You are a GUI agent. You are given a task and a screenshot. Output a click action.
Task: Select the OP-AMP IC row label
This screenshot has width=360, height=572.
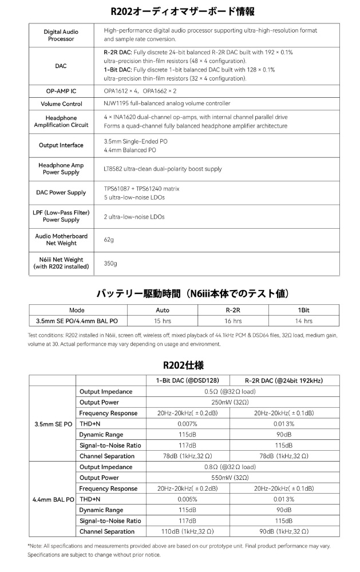[x=61, y=90]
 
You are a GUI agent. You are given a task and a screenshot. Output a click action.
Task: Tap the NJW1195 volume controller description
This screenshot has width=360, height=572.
[x=167, y=104]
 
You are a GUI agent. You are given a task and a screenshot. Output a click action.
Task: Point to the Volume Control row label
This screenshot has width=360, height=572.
[x=61, y=104]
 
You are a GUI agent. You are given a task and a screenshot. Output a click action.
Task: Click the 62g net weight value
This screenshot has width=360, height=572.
[x=109, y=239]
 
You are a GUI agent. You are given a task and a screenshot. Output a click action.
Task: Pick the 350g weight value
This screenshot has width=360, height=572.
[x=110, y=263]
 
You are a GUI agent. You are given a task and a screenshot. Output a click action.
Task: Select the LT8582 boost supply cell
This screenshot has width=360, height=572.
[x=163, y=169]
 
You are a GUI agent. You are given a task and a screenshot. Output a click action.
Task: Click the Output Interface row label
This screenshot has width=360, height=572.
[x=61, y=145]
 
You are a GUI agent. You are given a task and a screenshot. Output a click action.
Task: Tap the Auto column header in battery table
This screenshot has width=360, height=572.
[x=163, y=310]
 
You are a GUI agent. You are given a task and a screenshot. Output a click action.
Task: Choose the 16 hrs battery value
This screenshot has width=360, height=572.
[x=233, y=321]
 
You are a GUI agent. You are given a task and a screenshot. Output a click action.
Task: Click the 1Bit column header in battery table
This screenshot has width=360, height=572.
[x=303, y=310]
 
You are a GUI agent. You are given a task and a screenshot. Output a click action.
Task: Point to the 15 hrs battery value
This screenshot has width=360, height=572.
[x=163, y=321]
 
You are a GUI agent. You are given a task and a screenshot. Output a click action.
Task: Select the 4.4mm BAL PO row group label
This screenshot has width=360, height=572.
[x=52, y=499]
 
